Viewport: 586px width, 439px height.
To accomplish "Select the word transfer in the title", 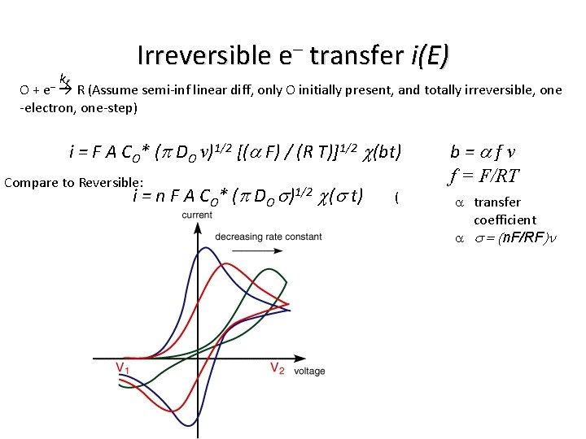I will [355, 55].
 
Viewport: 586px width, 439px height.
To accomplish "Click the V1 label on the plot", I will [122, 368].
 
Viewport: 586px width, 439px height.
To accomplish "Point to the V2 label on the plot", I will [277, 368].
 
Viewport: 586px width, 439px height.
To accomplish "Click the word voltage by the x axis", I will [309, 372].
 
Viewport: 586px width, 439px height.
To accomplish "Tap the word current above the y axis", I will [198, 215].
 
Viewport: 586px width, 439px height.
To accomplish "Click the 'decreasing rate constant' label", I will [268, 237].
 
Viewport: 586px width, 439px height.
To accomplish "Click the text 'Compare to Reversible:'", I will [74, 182].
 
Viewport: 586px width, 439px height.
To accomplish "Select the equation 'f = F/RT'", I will [485, 174].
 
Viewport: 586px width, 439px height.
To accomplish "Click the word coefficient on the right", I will [505, 219].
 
